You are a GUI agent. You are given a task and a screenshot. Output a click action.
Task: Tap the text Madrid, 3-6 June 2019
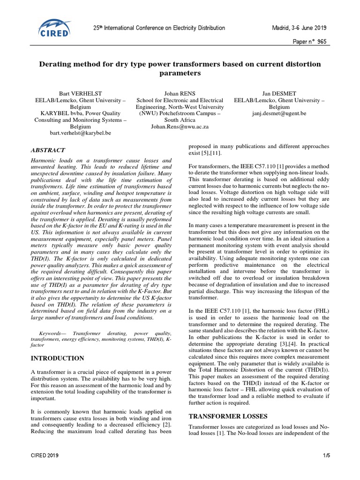[x=301, y=28]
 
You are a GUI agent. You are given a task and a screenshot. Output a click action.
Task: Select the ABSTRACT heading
[x=48, y=150]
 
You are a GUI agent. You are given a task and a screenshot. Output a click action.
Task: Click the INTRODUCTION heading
[x=57, y=358]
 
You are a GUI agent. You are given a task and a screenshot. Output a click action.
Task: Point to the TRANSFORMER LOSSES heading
[x=227, y=416]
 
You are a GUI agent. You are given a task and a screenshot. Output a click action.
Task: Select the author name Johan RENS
[x=180, y=93]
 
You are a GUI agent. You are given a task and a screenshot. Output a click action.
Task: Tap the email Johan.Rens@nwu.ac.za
[x=180, y=127]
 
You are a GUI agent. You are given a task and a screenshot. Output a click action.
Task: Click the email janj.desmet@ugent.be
[x=279, y=113]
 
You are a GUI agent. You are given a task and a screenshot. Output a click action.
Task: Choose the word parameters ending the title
[x=180, y=74]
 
